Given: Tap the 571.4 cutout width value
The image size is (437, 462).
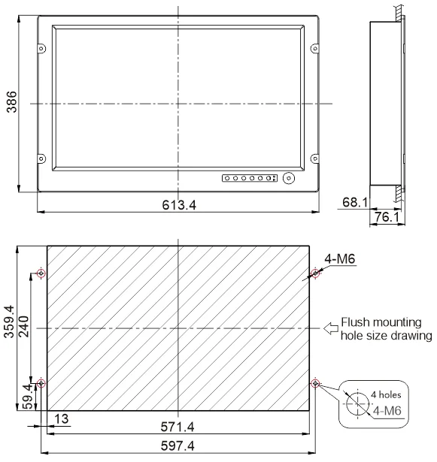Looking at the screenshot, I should point(178,427).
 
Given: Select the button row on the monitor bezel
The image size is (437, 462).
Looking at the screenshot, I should point(249,179).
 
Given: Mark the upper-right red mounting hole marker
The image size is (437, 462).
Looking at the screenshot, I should point(315,273).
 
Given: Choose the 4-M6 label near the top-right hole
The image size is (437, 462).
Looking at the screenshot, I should point(339,260).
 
